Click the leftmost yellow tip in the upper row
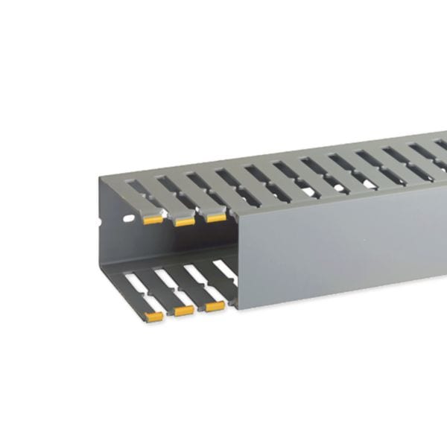click(153, 219)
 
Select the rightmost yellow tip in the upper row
click(215, 217)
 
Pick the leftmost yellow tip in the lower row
click(153, 316)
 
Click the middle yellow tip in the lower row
click(183, 310)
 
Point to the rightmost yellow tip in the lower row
click(215, 305)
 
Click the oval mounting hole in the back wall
click(129, 219)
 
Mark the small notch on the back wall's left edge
click(99, 221)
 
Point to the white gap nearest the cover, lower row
click(223, 268)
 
